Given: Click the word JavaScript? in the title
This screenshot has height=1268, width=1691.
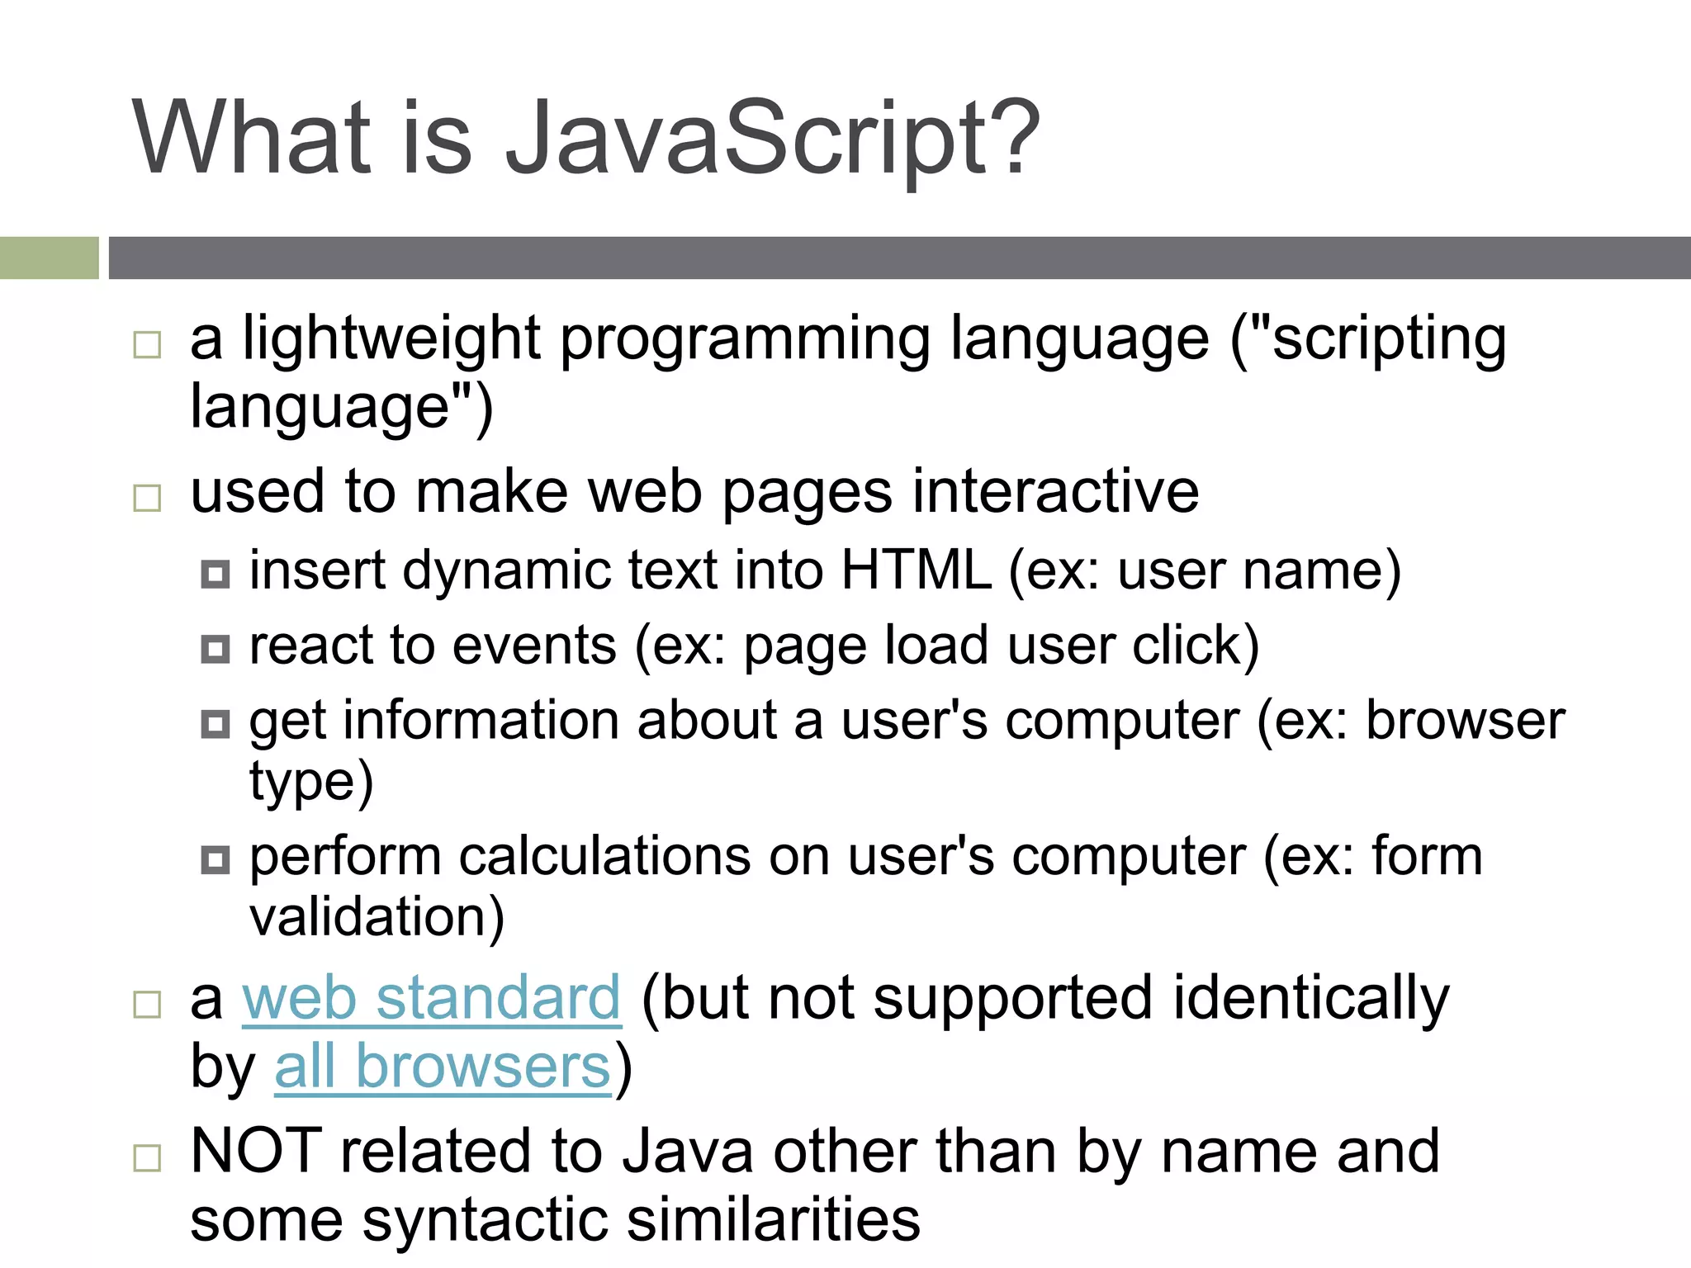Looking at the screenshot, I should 772,139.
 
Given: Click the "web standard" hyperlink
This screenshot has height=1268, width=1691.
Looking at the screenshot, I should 431,999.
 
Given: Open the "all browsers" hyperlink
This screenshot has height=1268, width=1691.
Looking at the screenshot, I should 443,1067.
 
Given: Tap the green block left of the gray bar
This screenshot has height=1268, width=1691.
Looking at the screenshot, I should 49,258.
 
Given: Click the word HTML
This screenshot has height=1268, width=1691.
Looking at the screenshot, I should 916,570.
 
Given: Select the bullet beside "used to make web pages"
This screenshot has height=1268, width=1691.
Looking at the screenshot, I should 147,498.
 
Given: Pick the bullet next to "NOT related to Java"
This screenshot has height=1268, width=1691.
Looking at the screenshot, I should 147,1157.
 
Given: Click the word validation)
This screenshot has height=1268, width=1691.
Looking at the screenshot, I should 377,917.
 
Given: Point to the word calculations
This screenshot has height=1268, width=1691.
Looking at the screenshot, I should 604,856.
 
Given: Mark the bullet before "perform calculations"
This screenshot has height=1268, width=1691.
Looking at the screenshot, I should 216,861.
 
